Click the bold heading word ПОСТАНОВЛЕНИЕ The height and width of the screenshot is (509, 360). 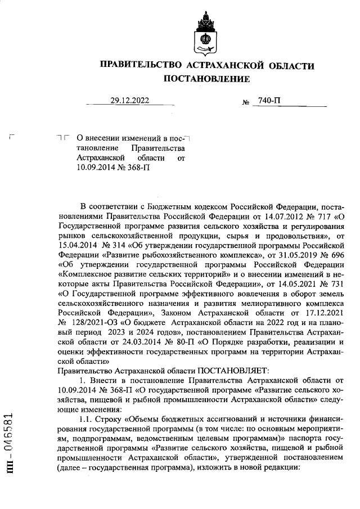[206, 79]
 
